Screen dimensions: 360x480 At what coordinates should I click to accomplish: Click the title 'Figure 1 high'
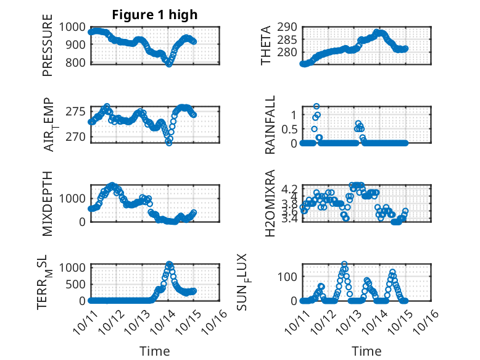click(x=155, y=15)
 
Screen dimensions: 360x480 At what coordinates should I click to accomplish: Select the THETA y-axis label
click(x=266, y=45)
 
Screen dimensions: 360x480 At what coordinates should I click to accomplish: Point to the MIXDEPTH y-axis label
click(x=48, y=203)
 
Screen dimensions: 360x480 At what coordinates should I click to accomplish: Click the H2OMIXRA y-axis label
click(x=270, y=203)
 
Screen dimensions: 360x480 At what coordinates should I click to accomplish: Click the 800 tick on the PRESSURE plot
click(x=78, y=62)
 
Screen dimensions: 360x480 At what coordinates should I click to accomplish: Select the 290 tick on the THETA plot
click(x=289, y=27)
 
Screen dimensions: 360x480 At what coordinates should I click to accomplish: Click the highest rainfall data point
click(x=317, y=106)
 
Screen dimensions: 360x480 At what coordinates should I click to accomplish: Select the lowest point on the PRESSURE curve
click(x=168, y=64)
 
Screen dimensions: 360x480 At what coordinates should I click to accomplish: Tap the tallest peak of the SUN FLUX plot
click(x=344, y=264)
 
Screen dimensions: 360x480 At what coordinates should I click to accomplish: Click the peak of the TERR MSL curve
click(x=169, y=264)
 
